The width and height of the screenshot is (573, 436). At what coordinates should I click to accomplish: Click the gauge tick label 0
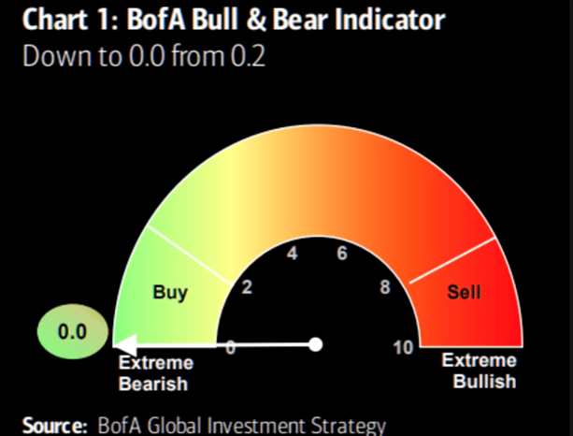[230, 348]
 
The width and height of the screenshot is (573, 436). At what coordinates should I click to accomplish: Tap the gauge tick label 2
[247, 287]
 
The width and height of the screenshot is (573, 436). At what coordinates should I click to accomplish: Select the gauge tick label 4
[293, 254]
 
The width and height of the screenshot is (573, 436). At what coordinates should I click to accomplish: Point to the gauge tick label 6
[342, 254]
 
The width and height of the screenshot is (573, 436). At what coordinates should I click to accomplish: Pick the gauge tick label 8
[384, 287]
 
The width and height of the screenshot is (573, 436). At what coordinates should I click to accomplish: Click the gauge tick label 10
[404, 348]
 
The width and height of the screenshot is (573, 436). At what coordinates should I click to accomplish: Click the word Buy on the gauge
[170, 292]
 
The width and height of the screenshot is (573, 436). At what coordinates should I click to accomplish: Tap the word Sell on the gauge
[464, 292]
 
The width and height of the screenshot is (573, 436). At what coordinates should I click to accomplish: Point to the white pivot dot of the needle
[316, 344]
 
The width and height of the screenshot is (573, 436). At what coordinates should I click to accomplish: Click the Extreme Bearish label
[153, 372]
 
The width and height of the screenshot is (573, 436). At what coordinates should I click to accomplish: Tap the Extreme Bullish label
[479, 371]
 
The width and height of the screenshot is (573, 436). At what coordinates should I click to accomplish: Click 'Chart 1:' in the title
[59, 19]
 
